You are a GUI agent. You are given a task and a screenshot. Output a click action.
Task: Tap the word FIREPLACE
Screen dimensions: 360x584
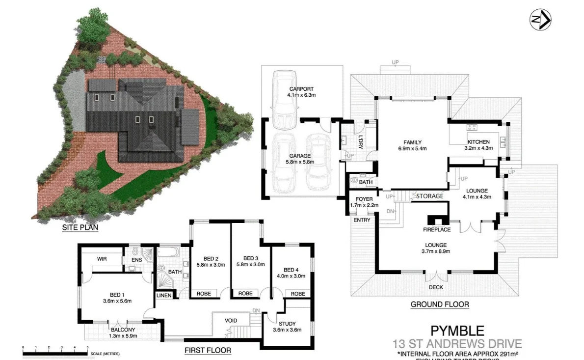[437, 229]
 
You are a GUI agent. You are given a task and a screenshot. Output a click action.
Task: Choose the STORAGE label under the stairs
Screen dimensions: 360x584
[429, 196]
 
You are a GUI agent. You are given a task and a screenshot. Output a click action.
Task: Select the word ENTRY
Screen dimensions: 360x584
[362, 220]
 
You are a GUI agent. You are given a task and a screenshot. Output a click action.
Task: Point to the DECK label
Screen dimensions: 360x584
[436, 287]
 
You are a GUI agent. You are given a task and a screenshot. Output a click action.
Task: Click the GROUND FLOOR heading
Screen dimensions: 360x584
[439, 305]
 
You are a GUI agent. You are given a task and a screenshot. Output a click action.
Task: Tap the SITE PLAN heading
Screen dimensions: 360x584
[80, 228]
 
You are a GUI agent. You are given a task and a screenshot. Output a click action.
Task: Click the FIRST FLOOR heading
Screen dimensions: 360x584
[208, 351]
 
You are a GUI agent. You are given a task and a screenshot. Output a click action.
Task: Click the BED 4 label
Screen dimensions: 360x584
[292, 270]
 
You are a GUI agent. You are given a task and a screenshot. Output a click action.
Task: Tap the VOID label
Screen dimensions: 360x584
[231, 321]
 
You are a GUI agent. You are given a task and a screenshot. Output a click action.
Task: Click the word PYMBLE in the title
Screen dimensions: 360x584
[457, 331]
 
